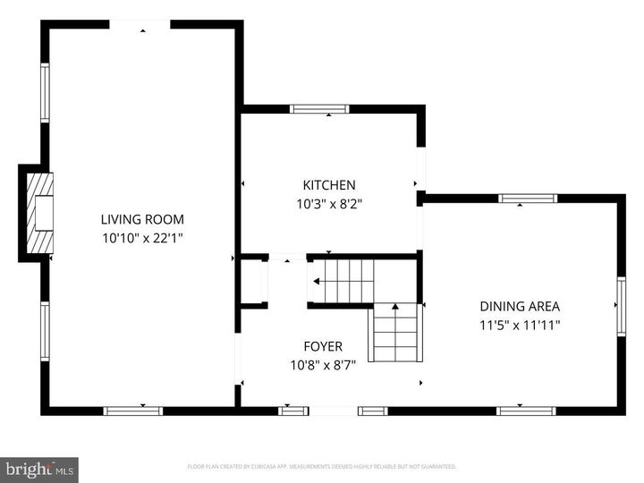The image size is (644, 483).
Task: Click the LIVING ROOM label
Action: (x=142, y=219)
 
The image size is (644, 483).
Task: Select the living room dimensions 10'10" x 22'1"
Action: (x=142, y=238)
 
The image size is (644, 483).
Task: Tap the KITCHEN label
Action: (x=329, y=185)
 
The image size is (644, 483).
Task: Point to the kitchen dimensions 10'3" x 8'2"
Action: (x=329, y=203)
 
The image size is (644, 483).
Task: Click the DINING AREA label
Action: (x=519, y=307)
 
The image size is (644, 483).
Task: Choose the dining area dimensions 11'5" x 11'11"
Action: (x=519, y=326)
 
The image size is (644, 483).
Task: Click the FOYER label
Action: (x=323, y=346)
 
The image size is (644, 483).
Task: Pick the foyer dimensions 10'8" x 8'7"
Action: (x=323, y=365)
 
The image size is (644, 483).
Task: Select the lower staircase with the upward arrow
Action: (x=394, y=331)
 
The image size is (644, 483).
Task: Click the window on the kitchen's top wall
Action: (x=319, y=109)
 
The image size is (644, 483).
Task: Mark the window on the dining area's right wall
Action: (x=621, y=305)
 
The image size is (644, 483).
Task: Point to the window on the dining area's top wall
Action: (x=528, y=199)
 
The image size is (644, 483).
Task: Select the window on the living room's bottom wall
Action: (x=132, y=411)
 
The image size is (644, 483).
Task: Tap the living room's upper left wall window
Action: (x=45, y=92)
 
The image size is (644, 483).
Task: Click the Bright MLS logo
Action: (x=39, y=469)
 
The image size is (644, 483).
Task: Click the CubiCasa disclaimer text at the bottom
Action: (x=322, y=467)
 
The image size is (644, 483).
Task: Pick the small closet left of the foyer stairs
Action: (x=253, y=282)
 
